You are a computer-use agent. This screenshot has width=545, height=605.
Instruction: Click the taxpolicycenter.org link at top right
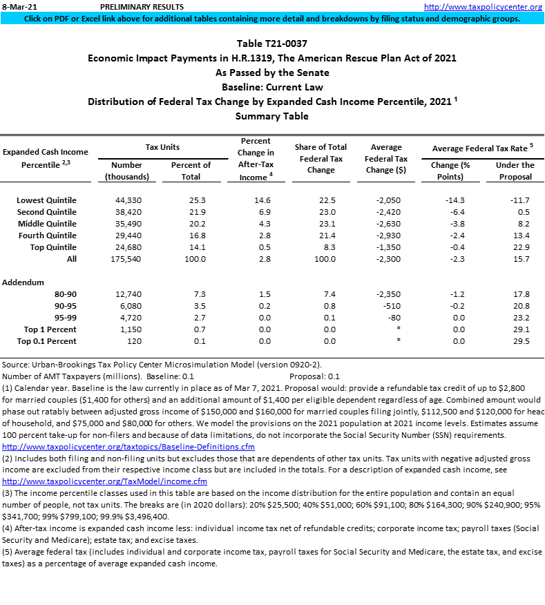tap(483, 7)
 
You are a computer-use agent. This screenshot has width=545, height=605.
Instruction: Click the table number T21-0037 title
tap(271, 44)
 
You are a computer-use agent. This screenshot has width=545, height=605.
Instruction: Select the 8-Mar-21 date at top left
tap(17, 7)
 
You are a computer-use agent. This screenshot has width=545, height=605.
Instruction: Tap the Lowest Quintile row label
tap(46, 200)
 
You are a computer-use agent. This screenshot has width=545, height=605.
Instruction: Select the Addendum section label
tap(24, 282)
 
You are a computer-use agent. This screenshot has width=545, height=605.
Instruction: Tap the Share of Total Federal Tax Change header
tap(321, 158)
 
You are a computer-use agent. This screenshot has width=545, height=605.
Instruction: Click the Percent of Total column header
tap(191, 171)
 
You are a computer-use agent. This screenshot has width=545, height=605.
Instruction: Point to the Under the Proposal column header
tap(515, 171)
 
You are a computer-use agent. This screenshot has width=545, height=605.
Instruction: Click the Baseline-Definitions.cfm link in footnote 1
tap(128, 446)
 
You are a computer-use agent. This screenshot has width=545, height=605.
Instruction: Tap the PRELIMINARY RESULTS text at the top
tap(132, 7)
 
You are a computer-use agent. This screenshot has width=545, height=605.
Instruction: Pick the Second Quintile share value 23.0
tap(321, 212)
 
